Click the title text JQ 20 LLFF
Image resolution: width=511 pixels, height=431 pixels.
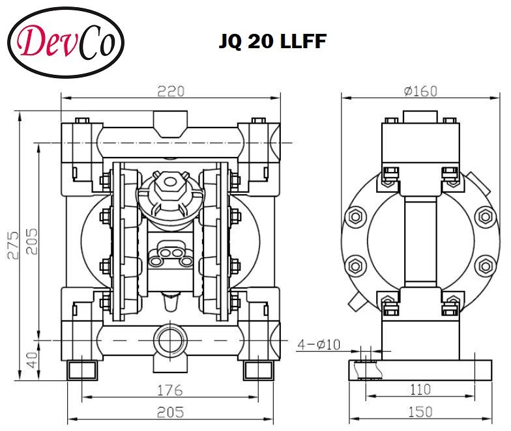(272, 42)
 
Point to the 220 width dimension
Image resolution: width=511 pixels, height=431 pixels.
(170, 90)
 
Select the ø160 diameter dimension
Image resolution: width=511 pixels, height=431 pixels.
(420, 91)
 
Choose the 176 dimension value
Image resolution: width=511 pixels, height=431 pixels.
(170, 391)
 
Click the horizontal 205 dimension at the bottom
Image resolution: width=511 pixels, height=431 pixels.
(170, 411)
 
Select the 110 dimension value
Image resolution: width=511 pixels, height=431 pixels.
(420, 389)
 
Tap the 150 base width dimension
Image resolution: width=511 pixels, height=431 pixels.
(420, 412)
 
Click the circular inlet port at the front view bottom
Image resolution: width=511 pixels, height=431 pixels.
(170, 340)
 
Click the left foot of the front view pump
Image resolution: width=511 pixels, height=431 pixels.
(83, 370)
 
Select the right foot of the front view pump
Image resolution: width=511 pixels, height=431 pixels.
(257, 370)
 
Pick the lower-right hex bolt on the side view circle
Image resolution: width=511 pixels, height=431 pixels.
(485, 265)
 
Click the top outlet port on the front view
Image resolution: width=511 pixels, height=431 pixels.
(171, 124)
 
